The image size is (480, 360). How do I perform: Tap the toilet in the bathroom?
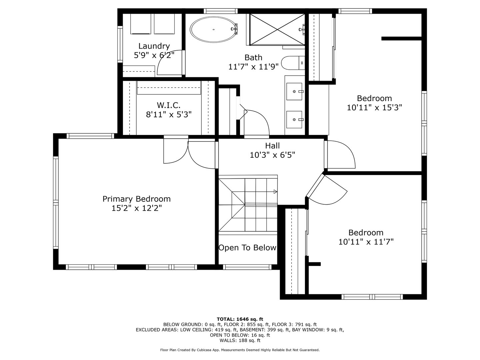tap(292, 62)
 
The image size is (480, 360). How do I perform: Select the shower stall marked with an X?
tap(277, 29)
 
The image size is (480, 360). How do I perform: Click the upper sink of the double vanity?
tap(294, 91)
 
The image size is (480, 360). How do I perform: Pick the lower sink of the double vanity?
tap(294, 119)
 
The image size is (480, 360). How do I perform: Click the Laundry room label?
tap(154, 46)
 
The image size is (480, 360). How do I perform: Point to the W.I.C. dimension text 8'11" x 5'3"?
tap(169, 115)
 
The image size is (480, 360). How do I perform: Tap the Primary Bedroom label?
tap(136, 199)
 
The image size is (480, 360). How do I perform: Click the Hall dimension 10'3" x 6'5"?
tap(272, 155)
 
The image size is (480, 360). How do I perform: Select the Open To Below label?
tap(247, 248)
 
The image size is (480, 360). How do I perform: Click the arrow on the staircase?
tap(275, 191)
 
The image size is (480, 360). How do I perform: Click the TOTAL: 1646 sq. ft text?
tap(240, 319)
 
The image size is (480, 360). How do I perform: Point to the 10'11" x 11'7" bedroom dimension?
tap(366, 242)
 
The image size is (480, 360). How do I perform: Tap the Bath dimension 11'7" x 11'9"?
tap(253, 67)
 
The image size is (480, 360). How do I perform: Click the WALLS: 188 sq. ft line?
tap(240, 340)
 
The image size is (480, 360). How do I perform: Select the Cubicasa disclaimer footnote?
tap(240, 350)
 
